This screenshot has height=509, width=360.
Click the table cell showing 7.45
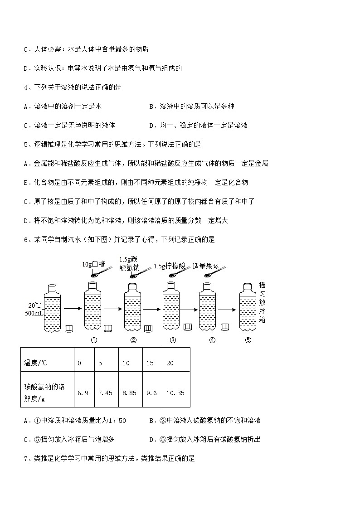pos(105,393)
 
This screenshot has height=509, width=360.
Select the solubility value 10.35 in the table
pos(175,393)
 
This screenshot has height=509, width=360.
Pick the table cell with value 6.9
pos(83,393)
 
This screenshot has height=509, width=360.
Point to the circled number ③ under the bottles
pos(173,341)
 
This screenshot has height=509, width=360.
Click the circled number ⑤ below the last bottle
pos(248,341)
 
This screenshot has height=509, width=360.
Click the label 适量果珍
pos(205,266)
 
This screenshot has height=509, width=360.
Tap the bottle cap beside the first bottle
pos(69,329)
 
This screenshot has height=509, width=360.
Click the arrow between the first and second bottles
pos(72,309)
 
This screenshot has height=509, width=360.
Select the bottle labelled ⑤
pos(248,309)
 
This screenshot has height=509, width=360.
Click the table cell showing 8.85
pos(129,393)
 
